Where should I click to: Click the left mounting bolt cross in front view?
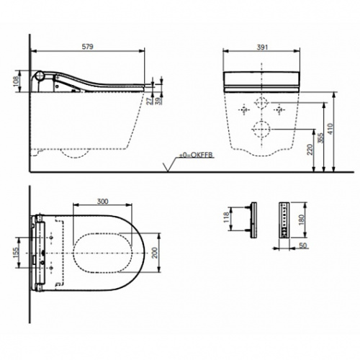coord(243,109)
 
